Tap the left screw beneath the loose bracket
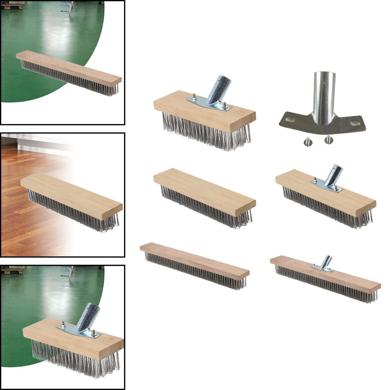(x=307, y=142)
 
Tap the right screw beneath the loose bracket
(x=328, y=139)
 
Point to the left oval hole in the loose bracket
(x=290, y=120)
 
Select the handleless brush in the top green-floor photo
(x=69, y=72)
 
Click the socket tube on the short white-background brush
(x=219, y=89)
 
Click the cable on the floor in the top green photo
(x=71, y=8)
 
